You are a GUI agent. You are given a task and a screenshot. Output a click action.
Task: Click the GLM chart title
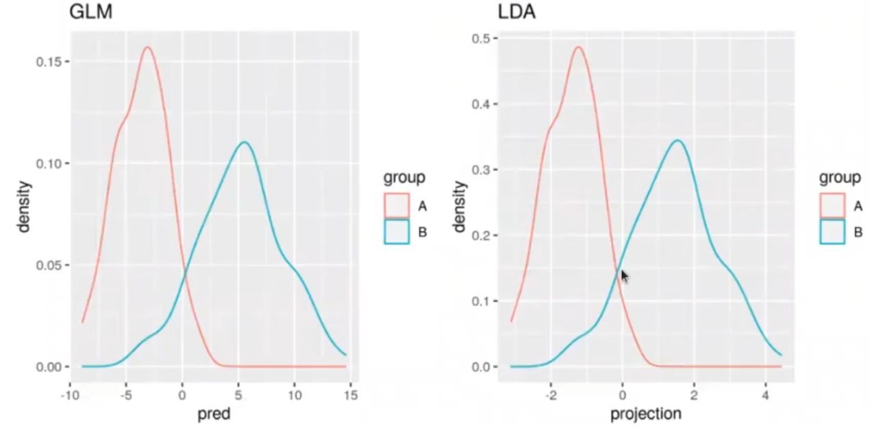90,12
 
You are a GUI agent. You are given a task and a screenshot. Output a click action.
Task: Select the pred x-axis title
212,415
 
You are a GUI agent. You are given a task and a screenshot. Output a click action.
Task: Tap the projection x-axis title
647,415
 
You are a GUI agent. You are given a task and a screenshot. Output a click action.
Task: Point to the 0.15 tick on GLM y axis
51,62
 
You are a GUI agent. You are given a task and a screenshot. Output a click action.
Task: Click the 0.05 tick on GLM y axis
51,265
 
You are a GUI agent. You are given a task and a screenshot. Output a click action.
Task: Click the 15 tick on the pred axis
351,395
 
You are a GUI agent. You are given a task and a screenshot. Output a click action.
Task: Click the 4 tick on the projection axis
765,395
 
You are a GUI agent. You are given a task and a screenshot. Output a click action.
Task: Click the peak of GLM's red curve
147,47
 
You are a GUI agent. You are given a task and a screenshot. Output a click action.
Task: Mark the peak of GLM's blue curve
244,142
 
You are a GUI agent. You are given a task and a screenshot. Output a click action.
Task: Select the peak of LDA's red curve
578,47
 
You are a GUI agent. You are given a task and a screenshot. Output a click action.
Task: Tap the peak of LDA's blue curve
678,140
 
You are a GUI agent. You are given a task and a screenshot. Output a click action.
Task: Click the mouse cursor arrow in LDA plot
624,275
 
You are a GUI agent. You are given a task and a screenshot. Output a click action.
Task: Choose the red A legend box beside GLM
397,205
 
